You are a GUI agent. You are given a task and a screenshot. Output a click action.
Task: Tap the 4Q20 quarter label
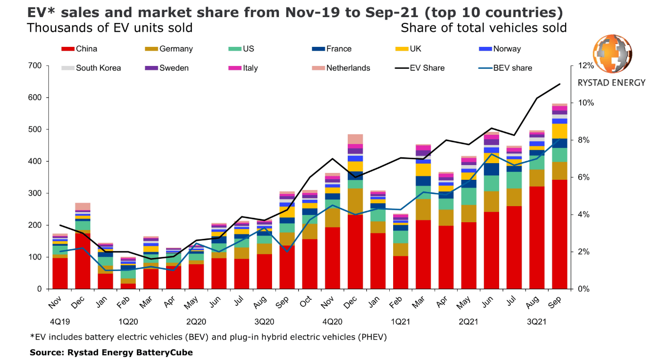(333, 322)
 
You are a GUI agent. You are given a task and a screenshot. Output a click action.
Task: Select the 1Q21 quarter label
(400, 322)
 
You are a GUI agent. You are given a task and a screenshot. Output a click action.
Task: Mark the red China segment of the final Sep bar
(560, 234)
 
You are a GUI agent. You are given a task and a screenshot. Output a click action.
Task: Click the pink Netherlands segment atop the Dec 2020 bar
(355, 139)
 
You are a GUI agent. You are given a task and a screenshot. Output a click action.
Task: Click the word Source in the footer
(43, 352)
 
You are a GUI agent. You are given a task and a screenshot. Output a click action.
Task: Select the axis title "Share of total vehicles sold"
(484, 28)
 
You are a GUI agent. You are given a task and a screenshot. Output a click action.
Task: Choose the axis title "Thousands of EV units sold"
(110, 28)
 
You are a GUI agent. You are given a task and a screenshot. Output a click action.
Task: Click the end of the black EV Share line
(560, 84)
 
